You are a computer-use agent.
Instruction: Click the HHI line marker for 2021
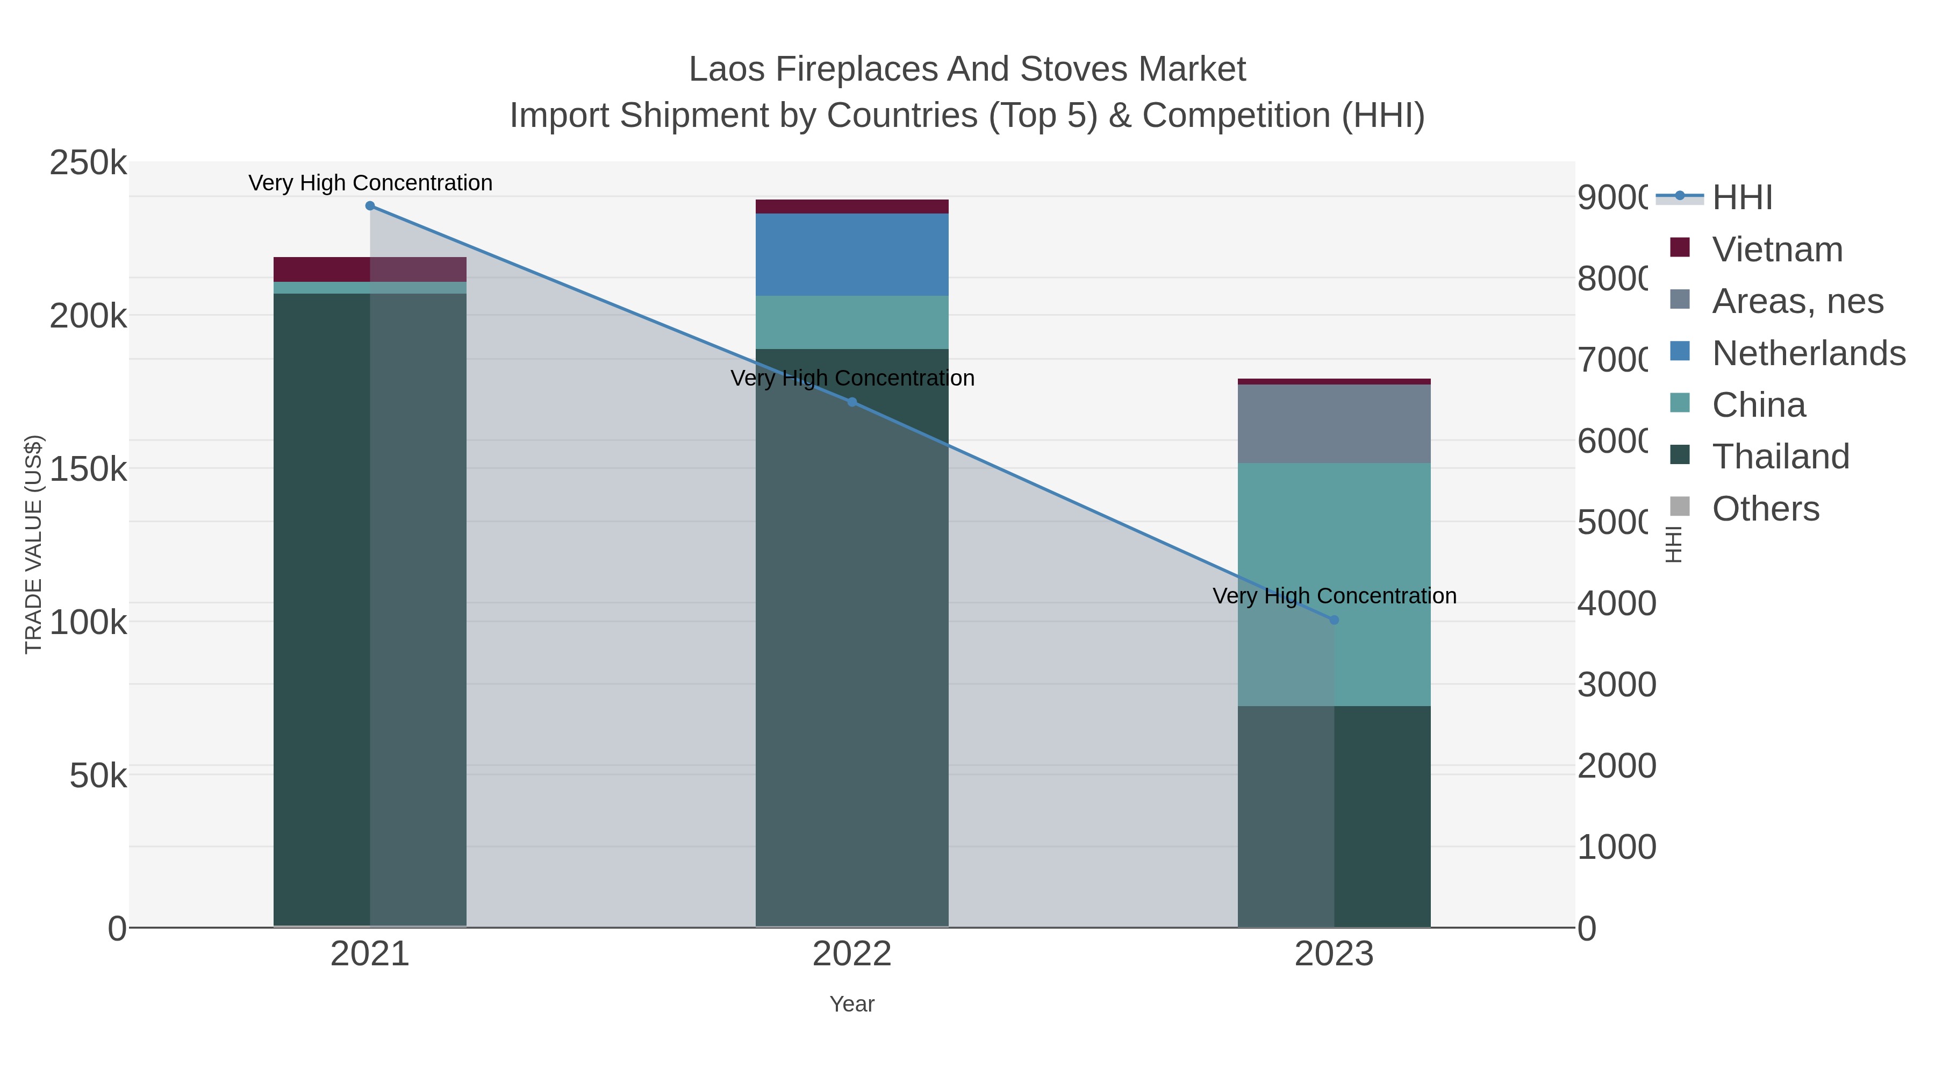tap(370, 206)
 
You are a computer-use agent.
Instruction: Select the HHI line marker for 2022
tap(852, 402)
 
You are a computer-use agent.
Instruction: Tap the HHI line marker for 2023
tap(1334, 620)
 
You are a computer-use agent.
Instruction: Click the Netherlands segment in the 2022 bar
tap(852, 255)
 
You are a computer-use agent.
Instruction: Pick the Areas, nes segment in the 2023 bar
tap(1334, 424)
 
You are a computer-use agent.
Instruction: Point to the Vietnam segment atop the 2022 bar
tap(852, 207)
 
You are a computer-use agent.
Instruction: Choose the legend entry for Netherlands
tap(1808, 353)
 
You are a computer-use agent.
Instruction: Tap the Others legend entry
tap(1765, 509)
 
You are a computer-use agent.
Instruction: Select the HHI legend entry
tap(1742, 198)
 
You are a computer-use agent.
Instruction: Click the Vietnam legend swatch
tap(1680, 248)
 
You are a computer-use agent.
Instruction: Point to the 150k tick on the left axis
tap(88, 469)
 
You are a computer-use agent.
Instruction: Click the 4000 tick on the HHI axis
tap(1616, 603)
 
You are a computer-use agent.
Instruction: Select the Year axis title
tap(852, 1004)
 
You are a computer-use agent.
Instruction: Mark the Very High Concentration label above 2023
tap(1334, 596)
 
